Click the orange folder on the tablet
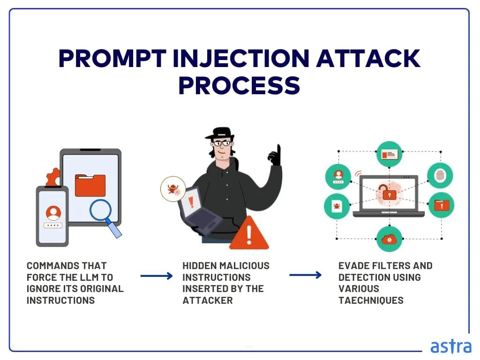tap(90, 185)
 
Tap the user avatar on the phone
tap(53, 213)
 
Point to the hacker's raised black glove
tap(275, 155)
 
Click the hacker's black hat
tap(219, 133)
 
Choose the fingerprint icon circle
tap(440, 176)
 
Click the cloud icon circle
tap(389, 239)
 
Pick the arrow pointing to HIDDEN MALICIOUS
tap(157, 276)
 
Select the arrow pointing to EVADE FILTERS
tap(305, 275)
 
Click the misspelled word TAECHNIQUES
tap(371, 300)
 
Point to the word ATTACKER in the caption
tap(208, 300)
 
